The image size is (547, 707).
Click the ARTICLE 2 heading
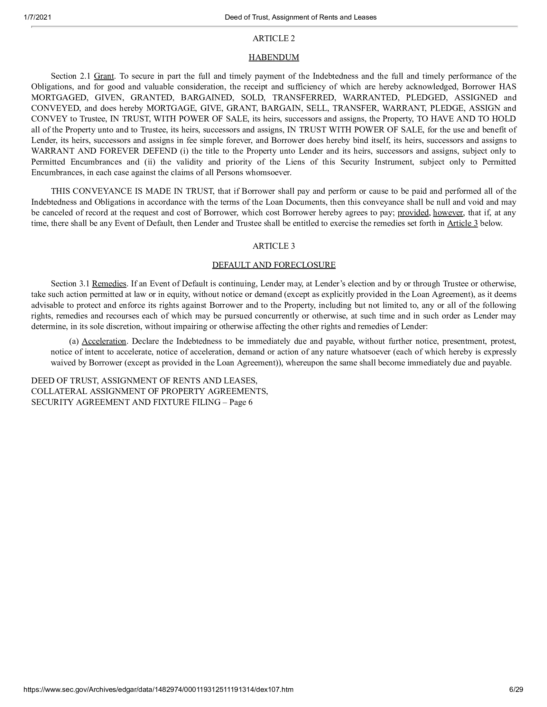(x=273, y=38)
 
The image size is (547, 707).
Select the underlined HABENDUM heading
(x=273, y=57)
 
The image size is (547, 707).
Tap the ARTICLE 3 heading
(x=273, y=246)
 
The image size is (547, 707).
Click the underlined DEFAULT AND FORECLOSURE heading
(x=273, y=265)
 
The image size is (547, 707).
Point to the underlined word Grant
(x=104, y=76)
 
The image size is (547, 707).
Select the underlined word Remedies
(x=109, y=283)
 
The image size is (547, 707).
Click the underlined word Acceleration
(x=104, y=341)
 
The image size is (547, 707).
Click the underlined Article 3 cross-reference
(x=462, y=223)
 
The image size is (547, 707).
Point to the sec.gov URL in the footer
(x=158, y=698)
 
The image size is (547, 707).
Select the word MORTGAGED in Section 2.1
(x=59, y=97)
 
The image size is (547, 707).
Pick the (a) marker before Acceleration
(x=74, y=341)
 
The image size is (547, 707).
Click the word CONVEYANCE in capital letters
(x=105, y=191)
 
